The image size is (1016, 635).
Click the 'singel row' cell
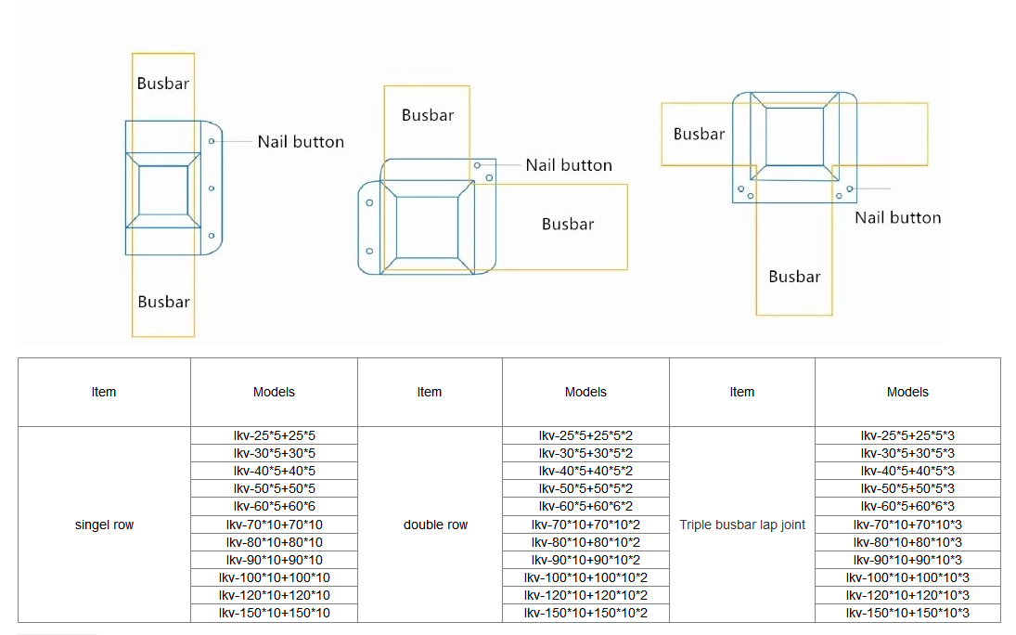[104, 525]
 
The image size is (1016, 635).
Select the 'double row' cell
[431, 525]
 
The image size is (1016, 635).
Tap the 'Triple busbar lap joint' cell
[742, 525]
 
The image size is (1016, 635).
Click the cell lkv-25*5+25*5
[274, 436]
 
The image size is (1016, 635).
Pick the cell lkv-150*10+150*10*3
[907, 613]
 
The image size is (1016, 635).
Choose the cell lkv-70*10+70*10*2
[585, 525]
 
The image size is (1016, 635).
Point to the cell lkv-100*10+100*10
[274, 578]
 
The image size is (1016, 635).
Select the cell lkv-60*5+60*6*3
[907, 507]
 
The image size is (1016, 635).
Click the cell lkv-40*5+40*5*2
[585, 471]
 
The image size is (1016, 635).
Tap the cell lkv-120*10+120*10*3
[907, 595]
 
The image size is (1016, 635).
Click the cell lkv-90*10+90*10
[274, 560]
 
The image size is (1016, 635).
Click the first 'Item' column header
[104, 392]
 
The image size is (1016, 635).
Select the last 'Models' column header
[907, 392]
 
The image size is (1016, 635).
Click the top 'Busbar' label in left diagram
[163, 84]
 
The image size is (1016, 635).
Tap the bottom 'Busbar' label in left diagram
[164, 303]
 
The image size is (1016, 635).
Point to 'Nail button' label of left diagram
[301, 142]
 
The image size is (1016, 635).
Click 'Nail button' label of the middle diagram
[569, 165]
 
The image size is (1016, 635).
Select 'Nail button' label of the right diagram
[898, 218]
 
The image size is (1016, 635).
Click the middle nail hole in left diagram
[212, 188]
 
